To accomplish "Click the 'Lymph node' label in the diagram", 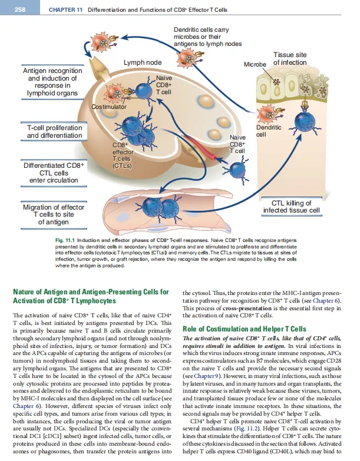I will [x=143, y=62].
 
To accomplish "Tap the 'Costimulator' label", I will [x=109, y=106].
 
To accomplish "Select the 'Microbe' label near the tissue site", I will [x=255, y=63].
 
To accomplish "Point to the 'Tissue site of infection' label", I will [x=290, y=59].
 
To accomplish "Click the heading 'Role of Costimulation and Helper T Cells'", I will [x=244, y=329].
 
